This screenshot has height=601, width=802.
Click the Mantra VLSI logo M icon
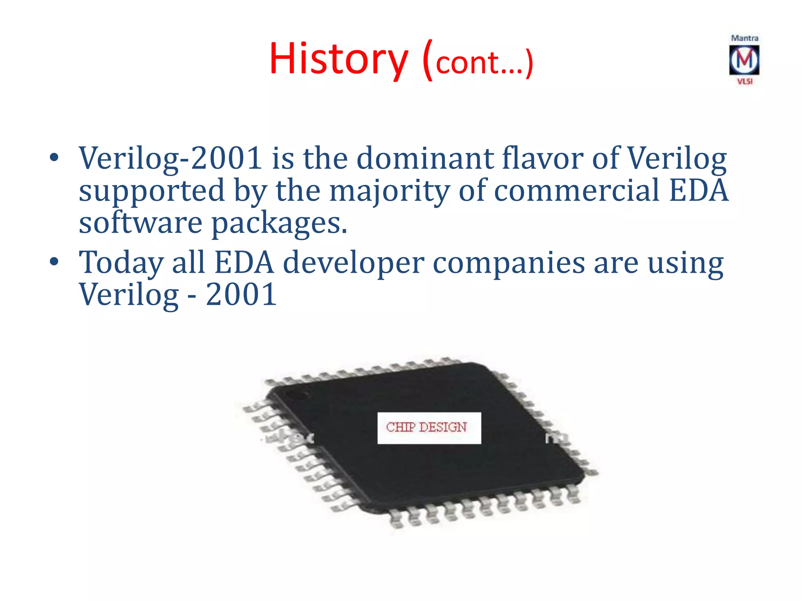[744, 60]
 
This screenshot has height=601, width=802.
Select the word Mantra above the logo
[744, 38]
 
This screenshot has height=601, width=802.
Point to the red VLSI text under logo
[744, 81]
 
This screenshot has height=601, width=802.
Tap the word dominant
[424, 158]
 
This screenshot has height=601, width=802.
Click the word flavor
[542, 158]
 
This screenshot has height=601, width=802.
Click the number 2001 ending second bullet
[241, 294]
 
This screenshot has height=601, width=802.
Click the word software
[141, 223]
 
